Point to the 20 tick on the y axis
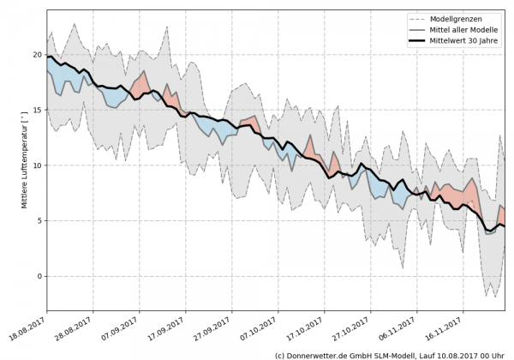[37, 54]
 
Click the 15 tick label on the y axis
[37, 110]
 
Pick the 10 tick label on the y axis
[37, 165]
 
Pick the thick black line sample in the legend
[417, 39]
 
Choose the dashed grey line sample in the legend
[417, 17]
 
